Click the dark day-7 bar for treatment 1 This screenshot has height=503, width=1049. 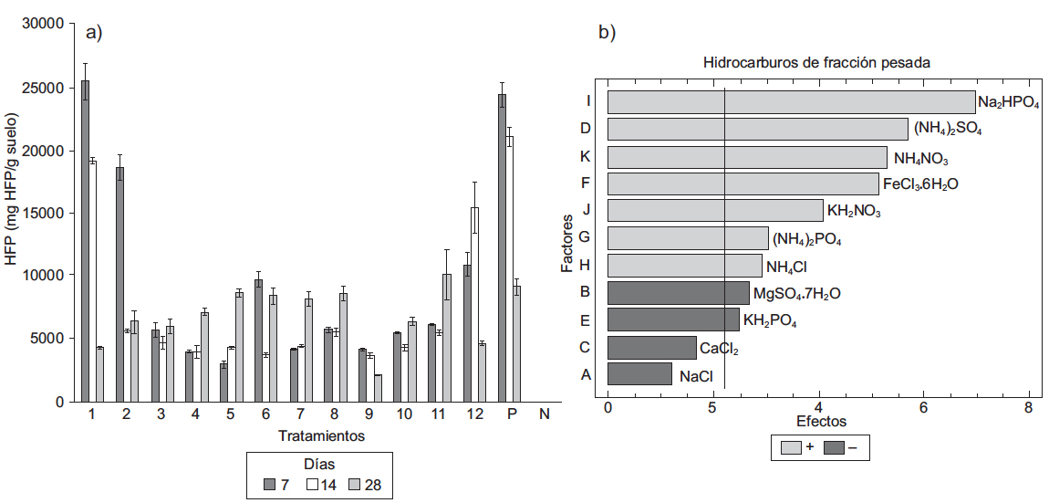(x=85, y=241)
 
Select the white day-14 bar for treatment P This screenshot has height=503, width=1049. (x=509, y=268)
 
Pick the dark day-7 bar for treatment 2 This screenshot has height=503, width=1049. (x=119, y=284)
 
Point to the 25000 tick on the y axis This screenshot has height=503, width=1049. (x=50, y=89)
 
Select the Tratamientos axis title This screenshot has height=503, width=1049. (x=321, y=435)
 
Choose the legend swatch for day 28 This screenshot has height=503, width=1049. (x=355, y=485)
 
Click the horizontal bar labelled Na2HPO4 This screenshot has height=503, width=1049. (x=791, y=101)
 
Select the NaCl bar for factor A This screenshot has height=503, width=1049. (x=639, y=374)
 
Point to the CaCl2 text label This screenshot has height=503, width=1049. (x=719, y=348)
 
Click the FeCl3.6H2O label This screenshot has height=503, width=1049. (x=921, y=184)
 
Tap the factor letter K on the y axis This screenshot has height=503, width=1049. (x=586, y=156)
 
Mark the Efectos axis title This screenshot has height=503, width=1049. (x=821, y=422)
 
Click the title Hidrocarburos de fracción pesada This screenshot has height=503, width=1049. (x=817, y=64)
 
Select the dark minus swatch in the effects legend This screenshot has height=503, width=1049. (x=834, y=448)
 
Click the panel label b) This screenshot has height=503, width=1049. (x=607, y=33)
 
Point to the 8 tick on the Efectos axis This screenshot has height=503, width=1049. (x=1029, y=407)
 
